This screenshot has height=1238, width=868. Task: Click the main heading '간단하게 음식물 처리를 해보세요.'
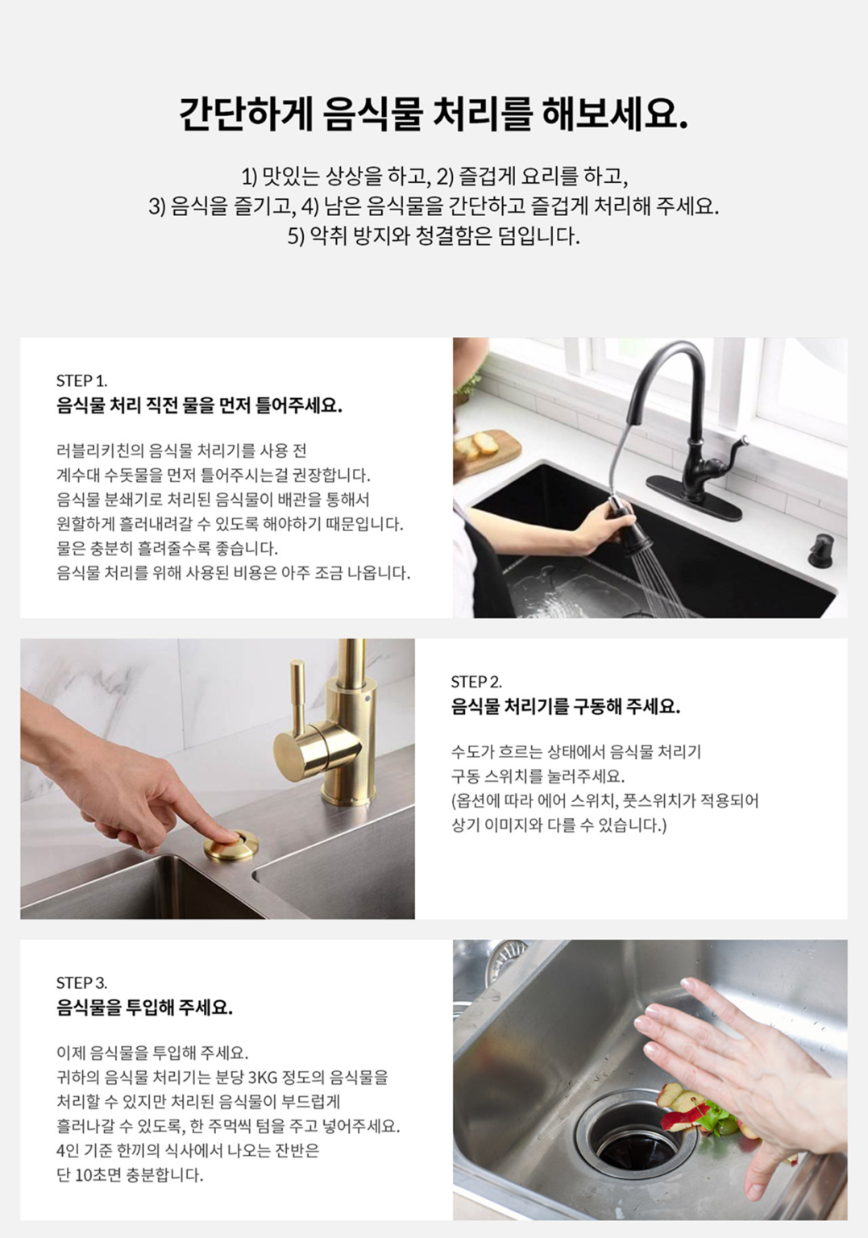coord(434,114)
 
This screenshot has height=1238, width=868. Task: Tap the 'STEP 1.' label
coord(81,380)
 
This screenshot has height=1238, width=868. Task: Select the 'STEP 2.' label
coord(476,682)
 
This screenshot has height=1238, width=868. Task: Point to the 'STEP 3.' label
coord(81,983)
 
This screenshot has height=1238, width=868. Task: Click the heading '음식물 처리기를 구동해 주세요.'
coord(565,707)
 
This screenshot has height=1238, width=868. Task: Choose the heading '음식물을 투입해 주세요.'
coord(144,1007)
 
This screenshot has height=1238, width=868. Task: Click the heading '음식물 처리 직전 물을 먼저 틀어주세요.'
coord(199,405)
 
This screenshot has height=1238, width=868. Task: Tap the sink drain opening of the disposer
coord(637,1144)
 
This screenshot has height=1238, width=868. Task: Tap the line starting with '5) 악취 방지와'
coord(434,236)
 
